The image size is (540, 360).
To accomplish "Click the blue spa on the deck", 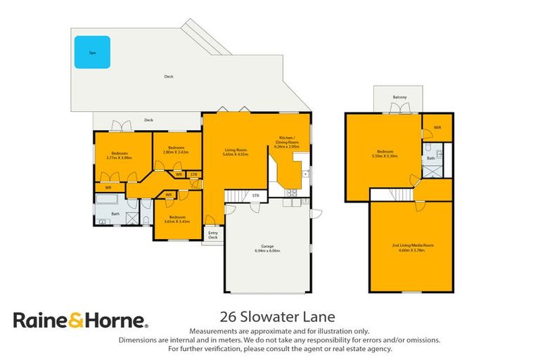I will (x=92, y=52).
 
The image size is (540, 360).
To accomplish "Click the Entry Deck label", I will (x=213, y=235).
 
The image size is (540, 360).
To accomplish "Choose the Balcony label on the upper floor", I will (x=399, y=98).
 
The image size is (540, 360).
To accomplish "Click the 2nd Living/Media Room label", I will (x=413, y=247).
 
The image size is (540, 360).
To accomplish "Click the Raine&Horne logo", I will (x=81, y=321).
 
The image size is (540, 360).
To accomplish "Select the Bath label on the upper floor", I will (x=430, y=159).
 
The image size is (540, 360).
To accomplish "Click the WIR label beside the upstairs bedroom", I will (x=437, y=127).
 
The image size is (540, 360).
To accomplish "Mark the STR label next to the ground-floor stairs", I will (x=256, y=195).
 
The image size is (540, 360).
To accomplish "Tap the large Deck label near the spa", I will (x=169, y=77).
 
